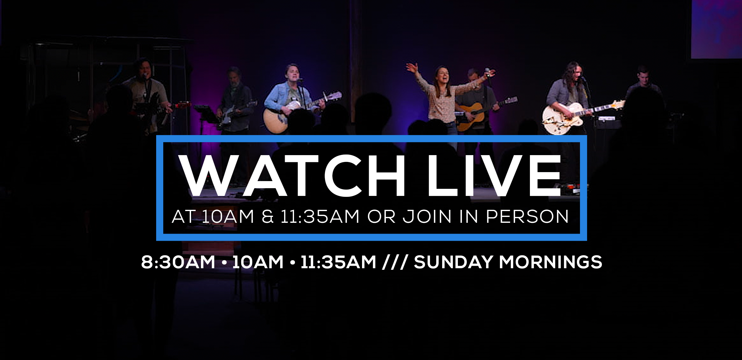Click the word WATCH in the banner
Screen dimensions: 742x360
coord(292,176)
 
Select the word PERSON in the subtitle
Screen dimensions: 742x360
coord(527,216)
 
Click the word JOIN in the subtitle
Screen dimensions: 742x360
coord(427,216)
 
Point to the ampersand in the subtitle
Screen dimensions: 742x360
coord(268,216)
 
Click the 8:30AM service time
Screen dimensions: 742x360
coord(178,262)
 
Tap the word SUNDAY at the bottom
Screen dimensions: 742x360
coord(454,262)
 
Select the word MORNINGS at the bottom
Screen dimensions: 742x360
coord(551,262)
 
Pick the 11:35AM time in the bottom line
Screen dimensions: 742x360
coord(338,262)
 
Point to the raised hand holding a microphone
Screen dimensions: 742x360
coord(489,73)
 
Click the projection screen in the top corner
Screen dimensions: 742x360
coord(716,29)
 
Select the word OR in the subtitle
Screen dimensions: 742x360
coord(382,216)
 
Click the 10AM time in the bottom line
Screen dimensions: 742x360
coord(258,262)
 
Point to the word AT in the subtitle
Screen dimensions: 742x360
coord(183,216)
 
